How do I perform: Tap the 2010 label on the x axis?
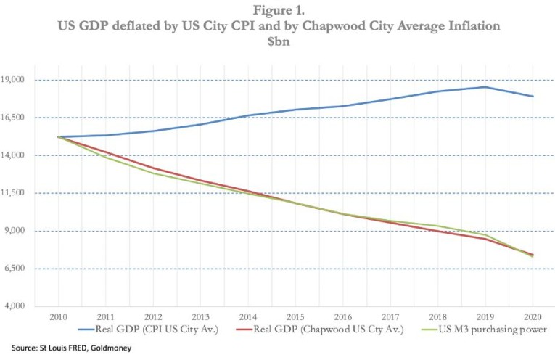coord(59,318)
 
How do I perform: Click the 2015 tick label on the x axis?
coord(295,318)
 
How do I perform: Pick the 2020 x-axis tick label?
coord(533,318)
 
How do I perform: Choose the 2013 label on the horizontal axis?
coord(201,318)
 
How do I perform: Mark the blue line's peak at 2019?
coord(485,87)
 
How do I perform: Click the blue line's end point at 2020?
coord(533,97)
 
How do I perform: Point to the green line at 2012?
coord(153,173)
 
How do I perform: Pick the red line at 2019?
coord(485,239)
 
